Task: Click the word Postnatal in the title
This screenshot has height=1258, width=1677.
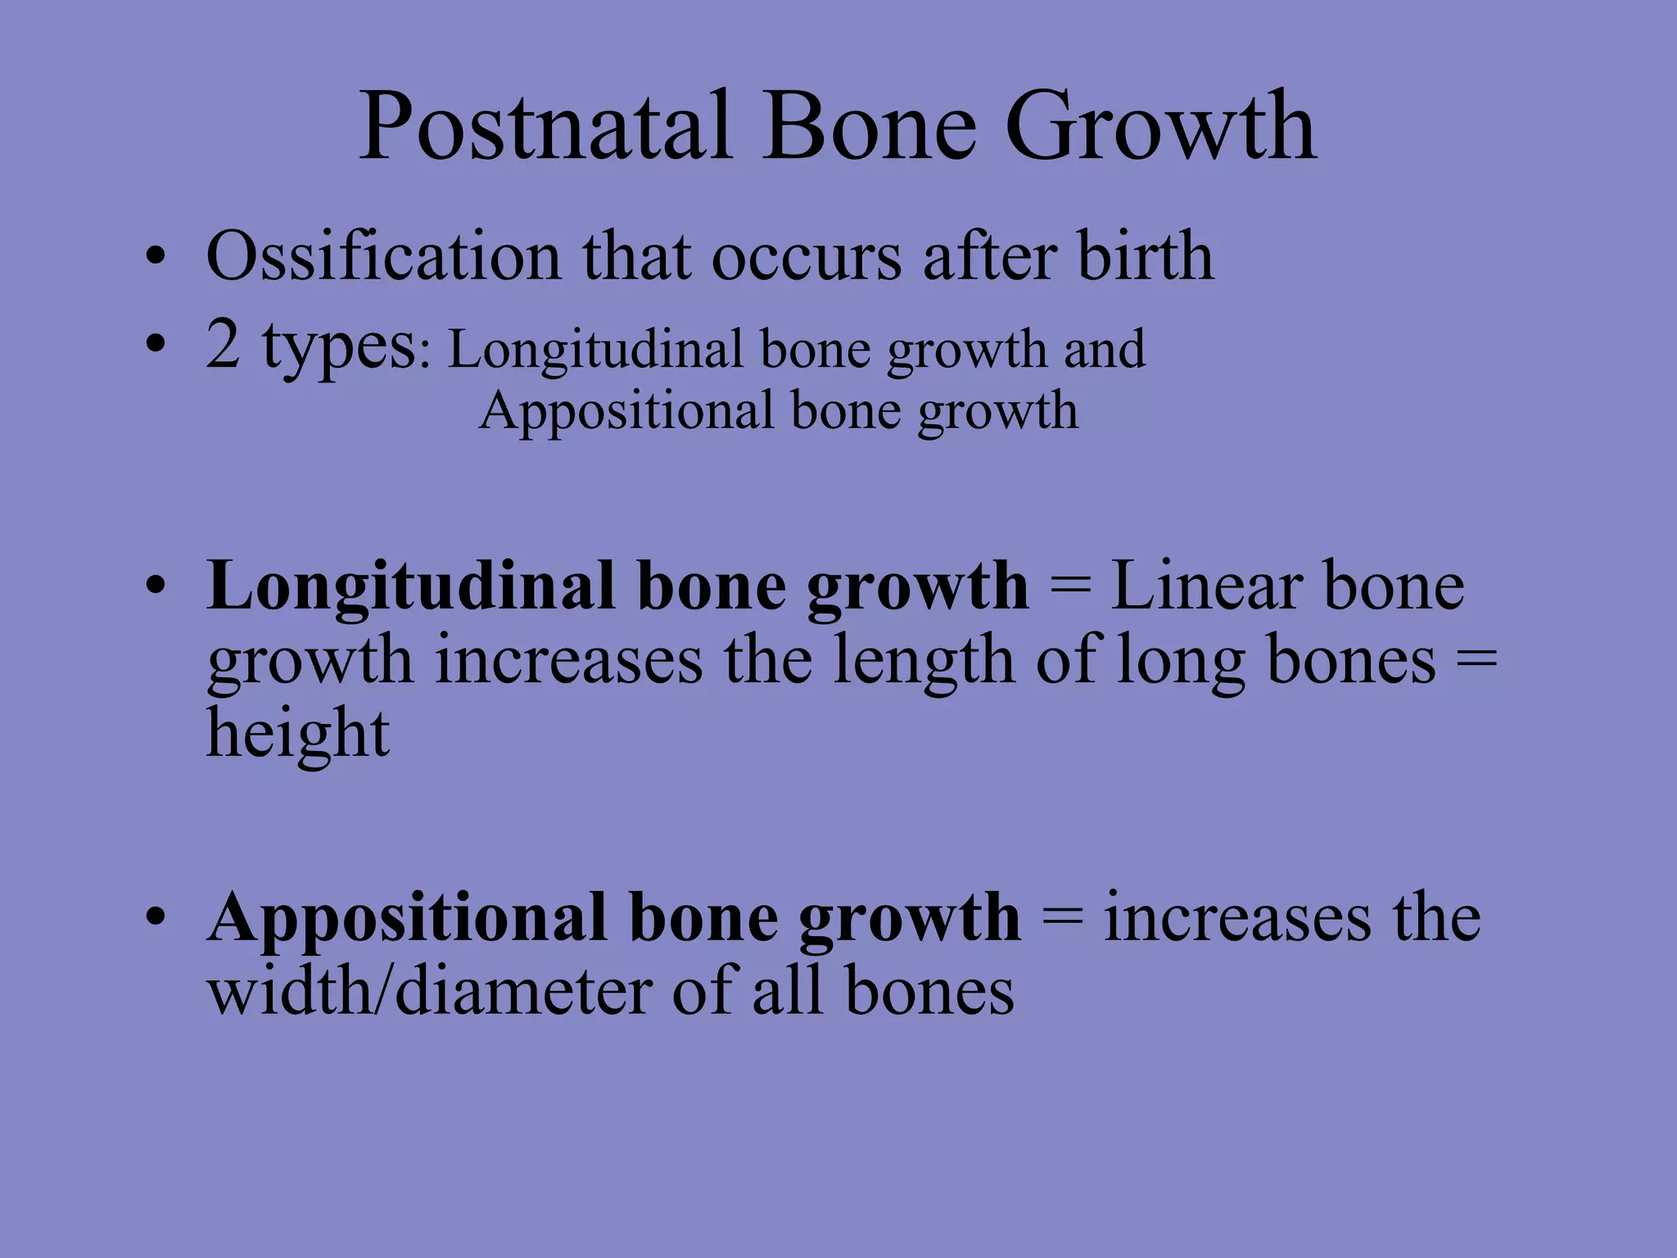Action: coord(544,127)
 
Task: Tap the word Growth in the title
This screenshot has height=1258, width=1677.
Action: coord(1160,127)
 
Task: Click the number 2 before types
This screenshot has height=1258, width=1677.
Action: coord(223,345)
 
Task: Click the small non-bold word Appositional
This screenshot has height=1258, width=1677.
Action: coord(626,412)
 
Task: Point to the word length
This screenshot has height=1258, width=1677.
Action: coord(923,662)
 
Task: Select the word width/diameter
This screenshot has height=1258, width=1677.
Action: coord(429,992)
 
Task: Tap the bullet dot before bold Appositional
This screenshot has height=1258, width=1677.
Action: coord(156,918)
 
